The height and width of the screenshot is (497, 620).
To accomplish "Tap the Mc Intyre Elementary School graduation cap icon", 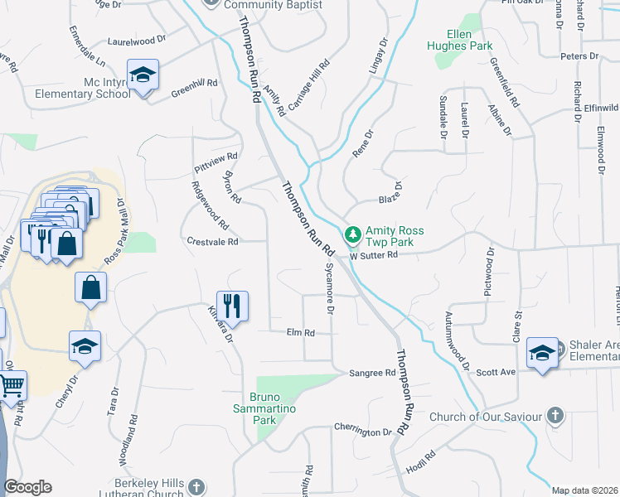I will [x=143, y=75].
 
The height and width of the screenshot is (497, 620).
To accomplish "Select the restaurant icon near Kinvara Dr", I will [x=233, y=305].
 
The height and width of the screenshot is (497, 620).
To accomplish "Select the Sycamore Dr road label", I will [x=329, y=290].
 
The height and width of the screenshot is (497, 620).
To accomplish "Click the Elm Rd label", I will [x=300, y=332].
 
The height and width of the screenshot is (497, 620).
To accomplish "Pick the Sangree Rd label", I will [x=372, y=373].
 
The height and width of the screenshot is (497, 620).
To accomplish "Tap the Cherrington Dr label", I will [x=362, y=432].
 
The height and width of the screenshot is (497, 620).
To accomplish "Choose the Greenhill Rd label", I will [x=194, y=83].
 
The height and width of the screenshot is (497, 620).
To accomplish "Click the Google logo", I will [x=27, y=487].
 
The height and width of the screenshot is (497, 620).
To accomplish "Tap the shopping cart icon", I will [x=10, y=385].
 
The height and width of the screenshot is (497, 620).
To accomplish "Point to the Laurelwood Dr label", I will [x=137, y=39].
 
